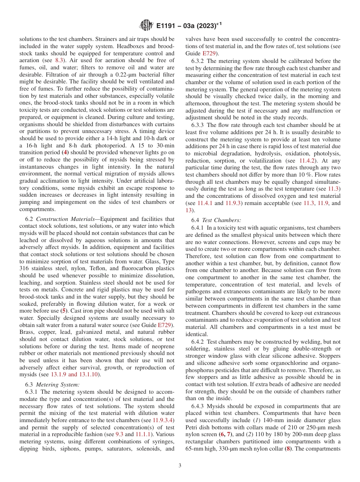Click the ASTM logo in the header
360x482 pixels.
click(x=146, y=26)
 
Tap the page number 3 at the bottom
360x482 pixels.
click(x=180, y=465)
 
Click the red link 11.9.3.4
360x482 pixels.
click(x=163, y=412)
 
